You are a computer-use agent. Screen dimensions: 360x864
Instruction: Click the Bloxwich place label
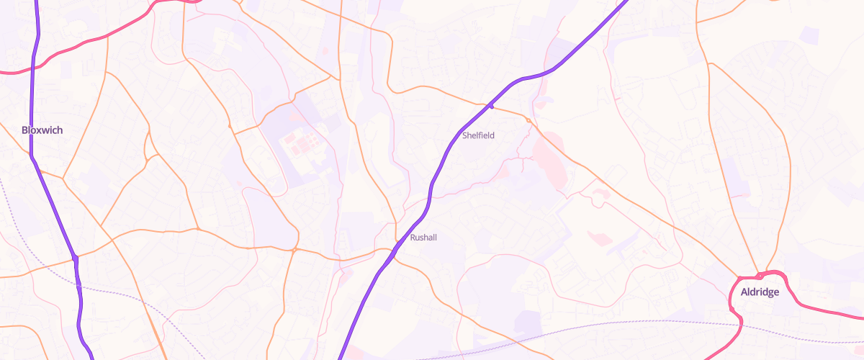pyautogui.click(x=42, y=130)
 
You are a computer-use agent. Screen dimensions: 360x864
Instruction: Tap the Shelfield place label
pyautogui.click(x=478, y=135)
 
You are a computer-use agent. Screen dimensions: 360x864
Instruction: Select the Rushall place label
pyautogui.click(x=423, y=237)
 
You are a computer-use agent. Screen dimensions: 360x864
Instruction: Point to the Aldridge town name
pyautogui.click(x=760, y=292)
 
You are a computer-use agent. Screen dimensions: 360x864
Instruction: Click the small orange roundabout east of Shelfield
pyautogui.click(x=528, y=120)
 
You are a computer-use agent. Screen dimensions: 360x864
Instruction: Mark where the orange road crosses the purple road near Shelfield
pyautogui.click(x=491, y=107)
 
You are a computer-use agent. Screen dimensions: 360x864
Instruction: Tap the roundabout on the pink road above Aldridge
pyautogui.click(x=760, y=275)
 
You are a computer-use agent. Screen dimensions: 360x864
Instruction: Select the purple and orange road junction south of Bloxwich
pyautogui.click(x=74, y=257)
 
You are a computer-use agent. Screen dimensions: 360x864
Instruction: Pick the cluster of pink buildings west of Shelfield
pyautogui.click(x=301, y=140)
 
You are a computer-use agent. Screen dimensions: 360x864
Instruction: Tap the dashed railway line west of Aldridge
pyautogui.click(x=648, y=321)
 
